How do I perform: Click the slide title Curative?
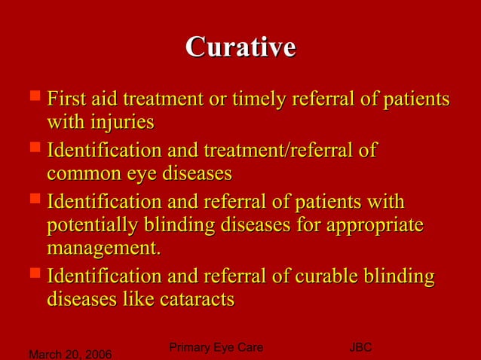click(x=240, y=47)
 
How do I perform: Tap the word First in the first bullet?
click(x=65, y=99)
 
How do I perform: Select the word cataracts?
click(x=198, y=300)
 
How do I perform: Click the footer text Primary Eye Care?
click(x=216, y=347)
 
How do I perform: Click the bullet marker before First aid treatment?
click(x=34, y=98)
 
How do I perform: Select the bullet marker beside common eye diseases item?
click(x=34, y=150)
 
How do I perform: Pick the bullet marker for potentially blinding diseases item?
click(x=34, y=202)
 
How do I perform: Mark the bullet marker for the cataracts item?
click(x=34, y=276)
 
